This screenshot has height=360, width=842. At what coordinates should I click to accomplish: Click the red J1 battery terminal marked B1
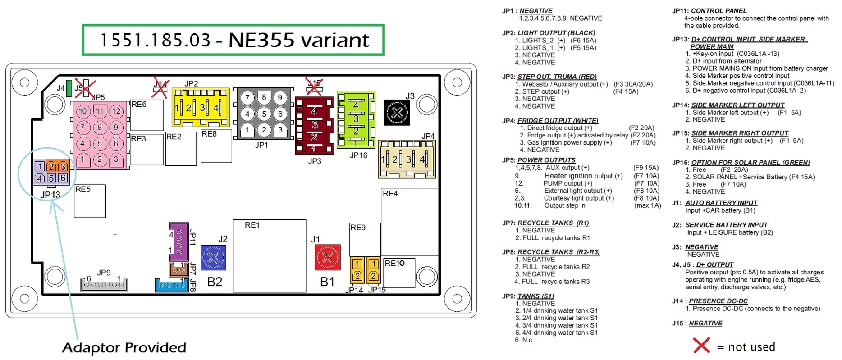click(328, 257)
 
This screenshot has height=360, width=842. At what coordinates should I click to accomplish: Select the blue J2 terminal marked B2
click(213, 258)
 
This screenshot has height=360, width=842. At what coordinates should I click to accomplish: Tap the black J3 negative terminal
click(397, 113)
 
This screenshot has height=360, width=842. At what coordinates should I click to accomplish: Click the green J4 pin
click(69, 88)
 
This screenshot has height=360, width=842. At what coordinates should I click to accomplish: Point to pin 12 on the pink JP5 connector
click(116, 111)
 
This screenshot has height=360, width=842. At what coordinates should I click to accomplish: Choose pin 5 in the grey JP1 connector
click(264, 114)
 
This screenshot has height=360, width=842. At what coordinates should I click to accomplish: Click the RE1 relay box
click(270, 255)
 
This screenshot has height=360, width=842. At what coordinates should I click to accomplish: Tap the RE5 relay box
click(90, 201)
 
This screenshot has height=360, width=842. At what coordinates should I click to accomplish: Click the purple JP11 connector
click(179, 242)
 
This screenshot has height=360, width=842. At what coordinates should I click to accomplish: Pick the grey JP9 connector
click(104, 284)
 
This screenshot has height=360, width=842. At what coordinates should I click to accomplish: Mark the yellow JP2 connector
click(201, 107)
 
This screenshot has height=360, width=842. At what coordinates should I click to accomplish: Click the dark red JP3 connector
click(314, 125)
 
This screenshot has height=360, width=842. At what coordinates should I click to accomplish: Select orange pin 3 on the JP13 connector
click(63, 166)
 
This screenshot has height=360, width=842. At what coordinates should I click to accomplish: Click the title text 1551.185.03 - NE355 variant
click(233, 40)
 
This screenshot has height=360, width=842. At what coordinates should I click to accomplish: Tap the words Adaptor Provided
click(124, 348)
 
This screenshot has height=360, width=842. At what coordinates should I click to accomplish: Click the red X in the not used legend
click(701, 346)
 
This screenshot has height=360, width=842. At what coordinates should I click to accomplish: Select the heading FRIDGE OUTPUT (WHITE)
click(558, 121)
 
